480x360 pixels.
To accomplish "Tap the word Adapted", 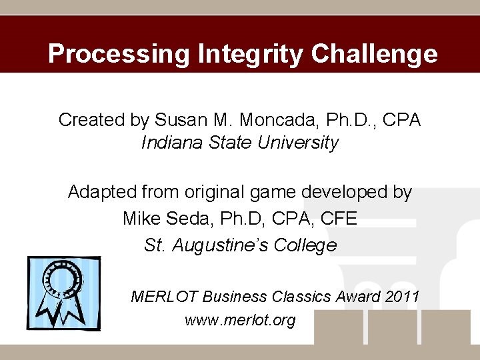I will click(x=99, y=193).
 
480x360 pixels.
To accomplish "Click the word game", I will click(x=273, y=193).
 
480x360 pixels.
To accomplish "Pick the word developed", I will click(x=347, y=193).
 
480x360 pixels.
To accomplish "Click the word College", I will click(x=307, y=245).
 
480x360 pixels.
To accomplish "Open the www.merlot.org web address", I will click(x=240, y=321).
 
